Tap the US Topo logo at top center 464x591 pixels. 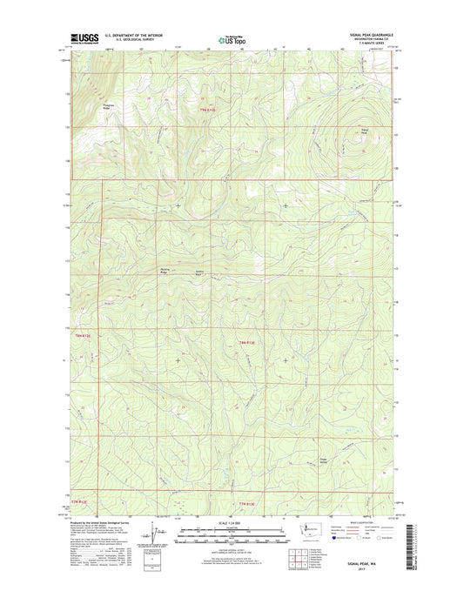pyautogui.click(x=231, y=38)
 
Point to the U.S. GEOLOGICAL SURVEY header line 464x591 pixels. pyautogui.click(x=134, y=40)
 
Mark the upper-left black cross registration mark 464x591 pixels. pyautogui.click(x=178, y=205)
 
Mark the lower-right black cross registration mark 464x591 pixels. pyautogui.click(x=286, y=359)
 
